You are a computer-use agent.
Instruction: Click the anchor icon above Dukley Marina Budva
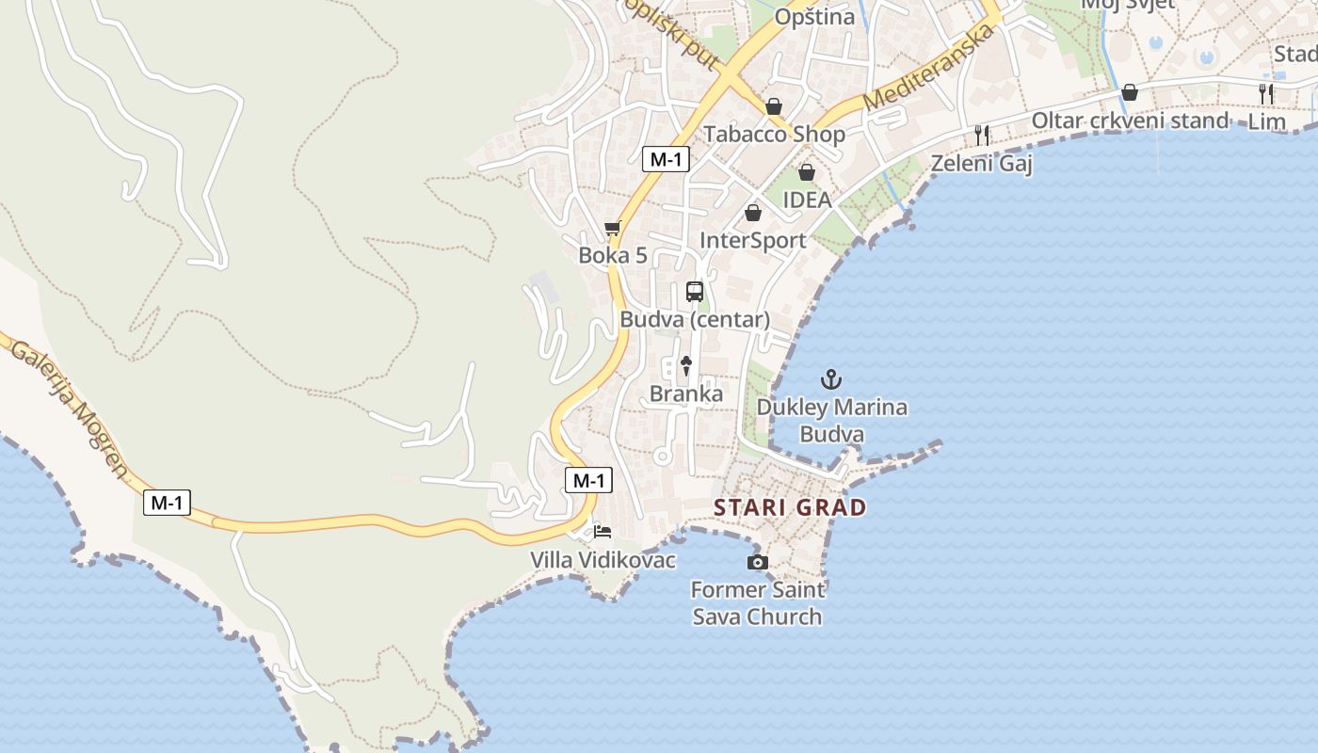coord(830,379)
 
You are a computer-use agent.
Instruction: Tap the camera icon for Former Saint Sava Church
coord(757,562)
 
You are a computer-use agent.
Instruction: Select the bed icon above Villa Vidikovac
coord(603,532)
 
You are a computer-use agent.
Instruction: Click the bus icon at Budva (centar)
coord(695,292)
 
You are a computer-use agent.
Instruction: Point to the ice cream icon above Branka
coord(686,365)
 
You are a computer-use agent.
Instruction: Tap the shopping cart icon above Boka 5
coord(613,228)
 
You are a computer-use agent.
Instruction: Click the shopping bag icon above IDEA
coord(807,172)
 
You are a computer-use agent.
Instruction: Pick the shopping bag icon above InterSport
coord(753,213)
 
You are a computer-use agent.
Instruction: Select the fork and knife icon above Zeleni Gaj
coord(982,135)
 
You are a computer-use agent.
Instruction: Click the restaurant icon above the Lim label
coord(1266,93)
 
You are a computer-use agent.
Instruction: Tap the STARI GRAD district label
coord(790,507)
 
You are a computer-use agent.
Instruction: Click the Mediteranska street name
coord(928,68)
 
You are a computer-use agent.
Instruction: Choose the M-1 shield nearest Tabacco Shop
coord(666,159)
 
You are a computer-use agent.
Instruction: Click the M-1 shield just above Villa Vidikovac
coord(588,480)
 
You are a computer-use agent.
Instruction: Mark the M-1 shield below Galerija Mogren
coord(167,503)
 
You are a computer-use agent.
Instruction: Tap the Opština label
coord(814,17)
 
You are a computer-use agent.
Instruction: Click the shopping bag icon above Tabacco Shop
coord(774,106)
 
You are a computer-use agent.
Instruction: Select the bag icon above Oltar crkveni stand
coord(1130,92)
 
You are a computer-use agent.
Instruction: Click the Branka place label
coord(686,393)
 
